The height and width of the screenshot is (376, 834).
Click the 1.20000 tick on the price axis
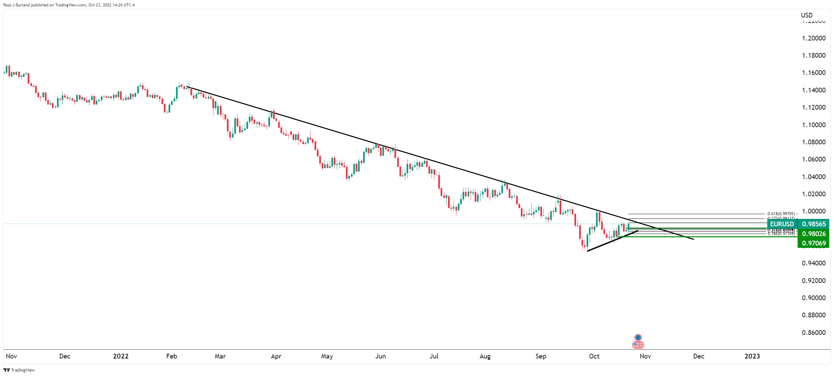pyautogui.click(x=813, y=38)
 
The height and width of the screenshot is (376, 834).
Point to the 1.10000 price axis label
pyautogui.click(x=813, y=125)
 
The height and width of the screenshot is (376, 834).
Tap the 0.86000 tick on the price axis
pyautogui.click(x=813, y=332)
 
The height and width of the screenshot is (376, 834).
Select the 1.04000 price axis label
pyautogui.click(x=813, y=177)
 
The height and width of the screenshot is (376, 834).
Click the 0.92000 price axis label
pyautogui.click(x=813, y=281)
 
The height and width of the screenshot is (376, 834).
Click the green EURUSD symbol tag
pyautogui.click(x=782, y=224)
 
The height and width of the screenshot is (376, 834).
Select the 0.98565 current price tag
pyautogui.click(x=814, y=224)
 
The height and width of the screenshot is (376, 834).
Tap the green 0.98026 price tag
pyautogui.click(x=814, y=234)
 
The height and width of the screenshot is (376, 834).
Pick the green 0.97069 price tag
pyautogui.click(x=814, y=243)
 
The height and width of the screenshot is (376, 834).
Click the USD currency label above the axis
pyautogui.click(x=807, y=15)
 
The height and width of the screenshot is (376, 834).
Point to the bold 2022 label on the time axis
pyautogui.click(x=121, y=356)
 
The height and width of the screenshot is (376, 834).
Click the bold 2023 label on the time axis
pyautogui.click(x=752, y=356)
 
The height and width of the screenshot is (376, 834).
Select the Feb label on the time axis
pyautogui.click(x=172, y=356)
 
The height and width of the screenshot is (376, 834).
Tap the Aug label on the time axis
pyautogui.click(x=485, y=356)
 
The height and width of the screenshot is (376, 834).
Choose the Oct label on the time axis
pyautogui.click(x=594, y=356)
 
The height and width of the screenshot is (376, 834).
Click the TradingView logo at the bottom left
pyautogui.click(x=19, y=370)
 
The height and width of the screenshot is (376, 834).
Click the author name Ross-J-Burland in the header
pyautogui.click(x=17, y=5)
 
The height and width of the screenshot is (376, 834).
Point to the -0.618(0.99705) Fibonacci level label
pyautogui.click(x=780, y=214)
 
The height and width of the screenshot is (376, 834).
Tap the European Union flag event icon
pyautogui.click(x=638, y=338)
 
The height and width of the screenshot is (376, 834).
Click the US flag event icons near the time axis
pyautogui.click(x=637, y=345)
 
